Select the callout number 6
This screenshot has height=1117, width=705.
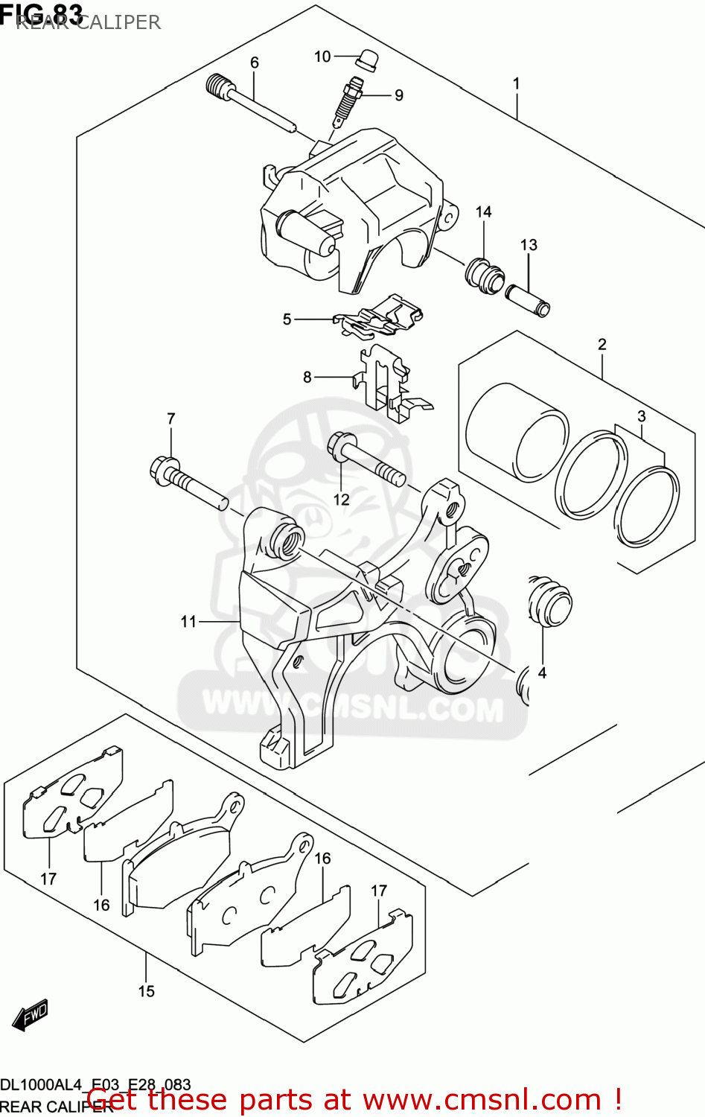[255, 63]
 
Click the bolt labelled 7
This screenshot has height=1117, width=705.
[186, 483]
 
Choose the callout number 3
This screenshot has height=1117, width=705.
[641, 416]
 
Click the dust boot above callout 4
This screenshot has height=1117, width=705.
[549, 602]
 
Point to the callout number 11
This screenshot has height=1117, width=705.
[188, 621]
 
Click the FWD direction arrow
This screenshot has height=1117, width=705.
[31, 1014]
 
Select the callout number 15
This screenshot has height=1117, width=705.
[146, 991]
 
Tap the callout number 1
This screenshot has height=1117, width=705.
[516, 84]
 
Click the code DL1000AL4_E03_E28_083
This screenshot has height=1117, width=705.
[95, 1084]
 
